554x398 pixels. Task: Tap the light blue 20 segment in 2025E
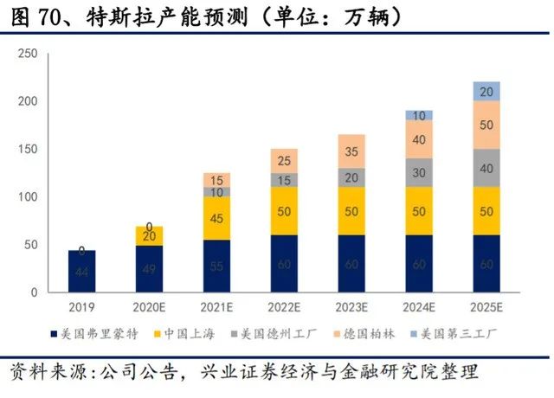point(486,91)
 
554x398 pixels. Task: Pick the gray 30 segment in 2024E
point(419,172)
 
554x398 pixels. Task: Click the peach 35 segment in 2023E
point(351,151)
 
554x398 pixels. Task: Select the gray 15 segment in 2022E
point(284,179)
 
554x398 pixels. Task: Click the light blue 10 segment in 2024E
point(419,115)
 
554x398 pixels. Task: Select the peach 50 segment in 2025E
point(486,125)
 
